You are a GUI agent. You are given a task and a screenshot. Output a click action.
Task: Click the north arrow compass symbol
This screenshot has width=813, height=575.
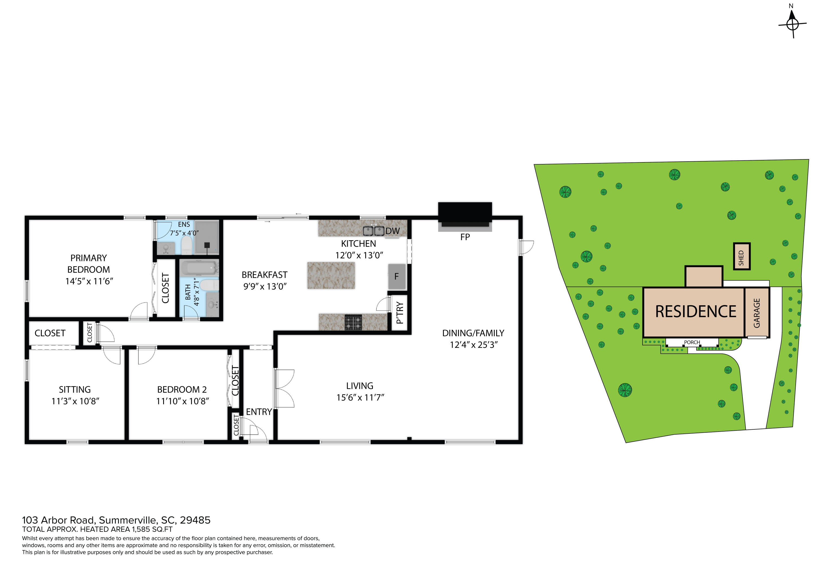coord(792,24)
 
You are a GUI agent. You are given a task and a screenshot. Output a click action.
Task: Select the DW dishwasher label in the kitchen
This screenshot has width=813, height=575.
coord(392,231)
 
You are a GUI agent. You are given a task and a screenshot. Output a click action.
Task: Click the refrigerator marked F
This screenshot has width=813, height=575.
coord(396,276)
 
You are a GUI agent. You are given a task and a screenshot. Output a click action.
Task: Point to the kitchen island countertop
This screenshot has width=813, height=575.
coord(331,275)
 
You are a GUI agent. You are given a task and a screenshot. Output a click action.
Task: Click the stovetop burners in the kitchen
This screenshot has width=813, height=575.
coord(353,322)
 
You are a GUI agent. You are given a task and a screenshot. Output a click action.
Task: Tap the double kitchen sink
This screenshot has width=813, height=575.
coord(373,231)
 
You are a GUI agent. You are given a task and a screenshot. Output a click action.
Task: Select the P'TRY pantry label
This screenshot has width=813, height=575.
coord(400,313)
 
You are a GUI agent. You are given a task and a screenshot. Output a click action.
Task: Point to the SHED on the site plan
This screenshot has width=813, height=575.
coord(741,256)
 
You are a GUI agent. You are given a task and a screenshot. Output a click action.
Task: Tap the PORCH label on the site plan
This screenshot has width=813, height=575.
coord(692,342)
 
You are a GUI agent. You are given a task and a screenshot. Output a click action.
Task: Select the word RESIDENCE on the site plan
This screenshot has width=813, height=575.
coord(695,312)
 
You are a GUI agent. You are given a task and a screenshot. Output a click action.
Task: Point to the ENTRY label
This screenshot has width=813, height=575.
coord(259,412)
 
